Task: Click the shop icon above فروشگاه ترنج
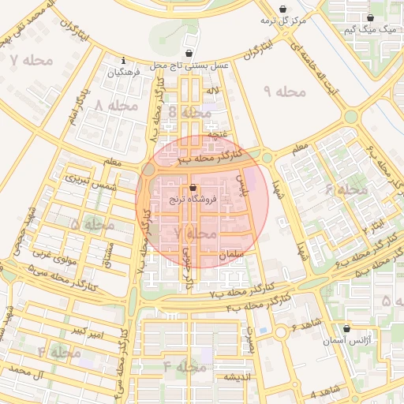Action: click(x=194, y=187)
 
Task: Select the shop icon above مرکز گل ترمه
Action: click(x=283, y=9)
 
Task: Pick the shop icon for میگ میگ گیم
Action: click(x=370, y=17)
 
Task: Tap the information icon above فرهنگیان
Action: click(x=123, y=60)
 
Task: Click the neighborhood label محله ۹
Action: click(x=284, y=92)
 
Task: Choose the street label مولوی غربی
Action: click(x=52, y=254)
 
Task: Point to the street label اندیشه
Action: click(x=236, y=376)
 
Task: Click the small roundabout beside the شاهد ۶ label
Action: click(x=281, y=332)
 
